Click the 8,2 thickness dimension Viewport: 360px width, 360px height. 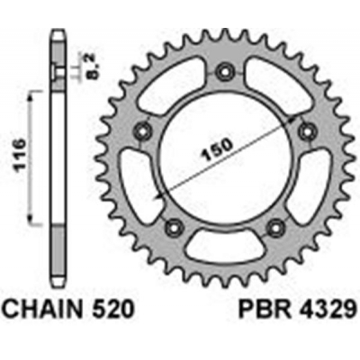[89, 66]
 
